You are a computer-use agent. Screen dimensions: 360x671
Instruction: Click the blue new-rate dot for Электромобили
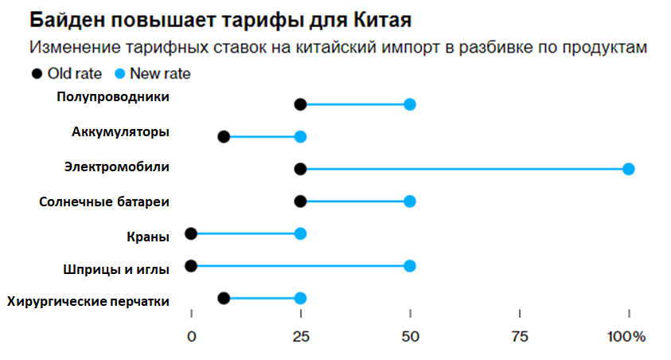(629, 169)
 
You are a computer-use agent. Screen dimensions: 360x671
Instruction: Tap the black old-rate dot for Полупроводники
(300, 104)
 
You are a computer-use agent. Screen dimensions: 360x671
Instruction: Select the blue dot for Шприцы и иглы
(410, 266)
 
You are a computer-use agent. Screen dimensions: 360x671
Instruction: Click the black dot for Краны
(191, 233)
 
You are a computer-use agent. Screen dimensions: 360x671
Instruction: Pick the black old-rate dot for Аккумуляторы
(224, 137)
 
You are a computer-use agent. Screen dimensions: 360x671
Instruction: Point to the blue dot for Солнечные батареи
(410, 202)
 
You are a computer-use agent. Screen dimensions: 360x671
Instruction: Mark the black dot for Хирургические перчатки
(224, 298)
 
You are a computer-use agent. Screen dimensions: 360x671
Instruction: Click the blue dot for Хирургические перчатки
(300, 298)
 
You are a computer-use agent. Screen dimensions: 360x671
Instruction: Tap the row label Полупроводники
(113, 96)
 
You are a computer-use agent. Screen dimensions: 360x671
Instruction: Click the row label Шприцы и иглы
(115, 269)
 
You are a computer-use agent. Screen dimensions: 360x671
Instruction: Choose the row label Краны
(147, 236)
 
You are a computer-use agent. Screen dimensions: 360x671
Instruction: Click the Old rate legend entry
(67, 74)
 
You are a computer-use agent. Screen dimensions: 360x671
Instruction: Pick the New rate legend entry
(154, 74)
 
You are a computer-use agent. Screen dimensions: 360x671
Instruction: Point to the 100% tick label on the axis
(626, 337)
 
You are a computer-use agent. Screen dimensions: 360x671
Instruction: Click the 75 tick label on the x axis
(520, 337)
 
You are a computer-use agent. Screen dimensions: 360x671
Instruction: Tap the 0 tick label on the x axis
(191, 337)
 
